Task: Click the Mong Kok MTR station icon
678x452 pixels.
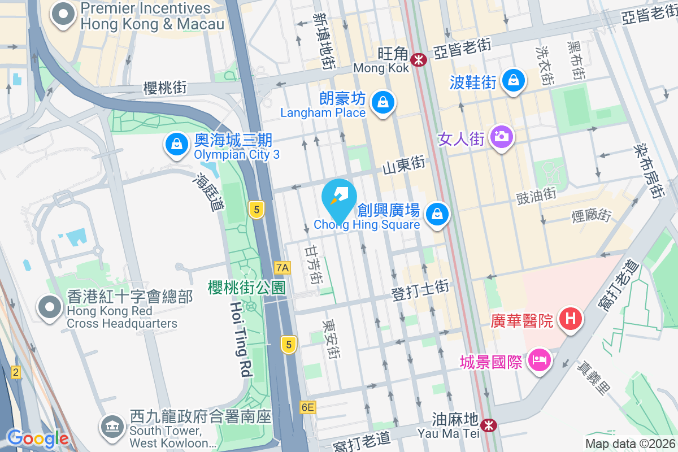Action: pos(419,59)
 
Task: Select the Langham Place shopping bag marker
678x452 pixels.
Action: pos(384,103)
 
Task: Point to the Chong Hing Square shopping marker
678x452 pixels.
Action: pos(437,215)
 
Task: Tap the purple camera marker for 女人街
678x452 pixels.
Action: pos(501,136)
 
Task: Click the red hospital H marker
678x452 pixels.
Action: pos(571,319)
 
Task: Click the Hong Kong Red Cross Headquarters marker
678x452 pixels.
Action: pos(50,307)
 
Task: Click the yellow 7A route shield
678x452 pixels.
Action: pos(282,267)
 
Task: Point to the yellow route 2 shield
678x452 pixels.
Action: pos(15,372)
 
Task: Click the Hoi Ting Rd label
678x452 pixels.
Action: pos(240,338)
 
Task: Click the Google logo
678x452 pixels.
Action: pos(37,438)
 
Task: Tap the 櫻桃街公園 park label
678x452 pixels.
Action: pos(246,287)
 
